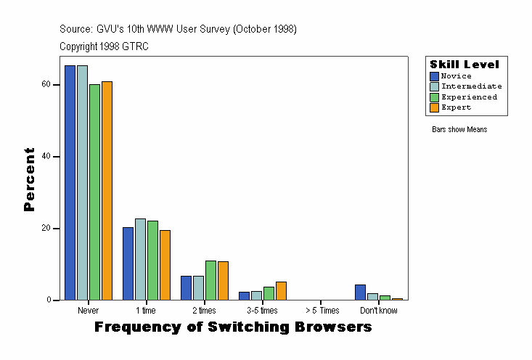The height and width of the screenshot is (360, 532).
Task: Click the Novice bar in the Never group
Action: [70, 182]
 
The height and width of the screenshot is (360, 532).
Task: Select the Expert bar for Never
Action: [107, 190]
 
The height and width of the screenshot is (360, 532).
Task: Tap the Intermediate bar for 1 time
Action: [140, 259]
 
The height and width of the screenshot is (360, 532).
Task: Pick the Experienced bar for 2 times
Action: [210, 280]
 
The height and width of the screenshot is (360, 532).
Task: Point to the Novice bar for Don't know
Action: [360, 292]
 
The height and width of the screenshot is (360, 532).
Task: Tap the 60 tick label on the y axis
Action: [46, 84]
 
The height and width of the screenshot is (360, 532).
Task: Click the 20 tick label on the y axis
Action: [46, 228]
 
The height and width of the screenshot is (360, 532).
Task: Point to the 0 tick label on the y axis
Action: [48, 300]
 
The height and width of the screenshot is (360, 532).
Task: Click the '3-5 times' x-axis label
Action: [263, 311]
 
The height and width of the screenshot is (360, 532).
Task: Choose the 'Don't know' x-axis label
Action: [379, 311]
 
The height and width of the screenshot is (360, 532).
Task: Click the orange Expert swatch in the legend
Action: [434, 107]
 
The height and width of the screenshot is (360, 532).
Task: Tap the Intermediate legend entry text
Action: [471, 86]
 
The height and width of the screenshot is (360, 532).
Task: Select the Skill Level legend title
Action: [465, 65]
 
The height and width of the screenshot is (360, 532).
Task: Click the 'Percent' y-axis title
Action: [29, 179]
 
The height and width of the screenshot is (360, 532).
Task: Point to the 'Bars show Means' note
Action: [459, 130]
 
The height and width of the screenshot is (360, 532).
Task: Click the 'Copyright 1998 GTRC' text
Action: [104, 46]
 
